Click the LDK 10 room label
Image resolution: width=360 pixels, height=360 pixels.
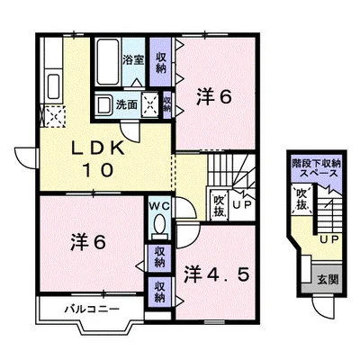[x=98, y=159]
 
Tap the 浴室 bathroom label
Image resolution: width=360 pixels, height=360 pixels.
[x=133, y=59]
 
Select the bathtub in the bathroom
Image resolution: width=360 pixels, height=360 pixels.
[x=108, y=62]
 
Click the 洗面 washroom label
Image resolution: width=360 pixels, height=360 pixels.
[x=127, y=104]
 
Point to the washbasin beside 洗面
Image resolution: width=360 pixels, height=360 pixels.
[x=103, y=105]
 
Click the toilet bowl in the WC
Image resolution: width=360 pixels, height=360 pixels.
[x=160, y=223]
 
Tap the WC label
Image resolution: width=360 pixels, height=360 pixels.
[x=160, y=206]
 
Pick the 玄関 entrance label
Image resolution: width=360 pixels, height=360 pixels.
[x=328, y=280]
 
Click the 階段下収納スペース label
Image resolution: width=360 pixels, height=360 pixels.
[x=316, y=168]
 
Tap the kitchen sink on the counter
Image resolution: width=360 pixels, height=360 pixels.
[x=54, y=85]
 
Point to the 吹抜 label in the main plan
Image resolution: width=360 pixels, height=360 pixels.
[x=220, y=206]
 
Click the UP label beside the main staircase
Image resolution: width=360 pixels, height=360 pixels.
[x=243, y=204]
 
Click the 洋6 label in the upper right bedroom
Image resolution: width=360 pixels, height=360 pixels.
[x=214, y=97]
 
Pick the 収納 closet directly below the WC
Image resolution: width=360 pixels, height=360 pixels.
[x=159, y=257]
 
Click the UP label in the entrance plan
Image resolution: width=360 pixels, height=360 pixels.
[x=329, y=239]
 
